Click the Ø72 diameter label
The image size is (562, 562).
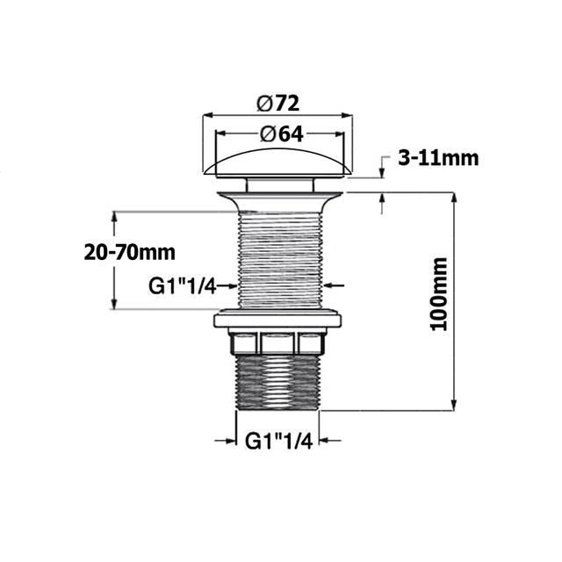(278, 102)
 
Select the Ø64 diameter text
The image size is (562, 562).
(278, 133)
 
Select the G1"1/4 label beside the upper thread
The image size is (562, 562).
(181, 285)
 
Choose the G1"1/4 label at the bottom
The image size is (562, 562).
(277, 439)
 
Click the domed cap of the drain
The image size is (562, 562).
(278, 164)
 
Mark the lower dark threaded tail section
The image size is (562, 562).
(278, 382)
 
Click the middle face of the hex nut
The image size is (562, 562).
(278, 342)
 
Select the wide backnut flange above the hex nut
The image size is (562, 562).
(278, 318)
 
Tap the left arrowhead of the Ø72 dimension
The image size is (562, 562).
(209, 114)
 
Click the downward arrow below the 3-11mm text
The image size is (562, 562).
(382, 170)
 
